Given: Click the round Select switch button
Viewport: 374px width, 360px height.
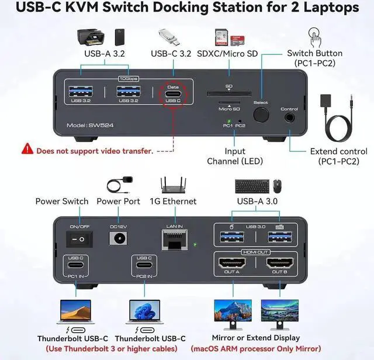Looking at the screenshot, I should click(x=261, y=115).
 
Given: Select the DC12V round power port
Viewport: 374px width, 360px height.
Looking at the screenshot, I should click(x=119, y=238).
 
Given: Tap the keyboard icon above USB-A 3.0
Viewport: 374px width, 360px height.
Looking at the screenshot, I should click(x=252, y=186).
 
